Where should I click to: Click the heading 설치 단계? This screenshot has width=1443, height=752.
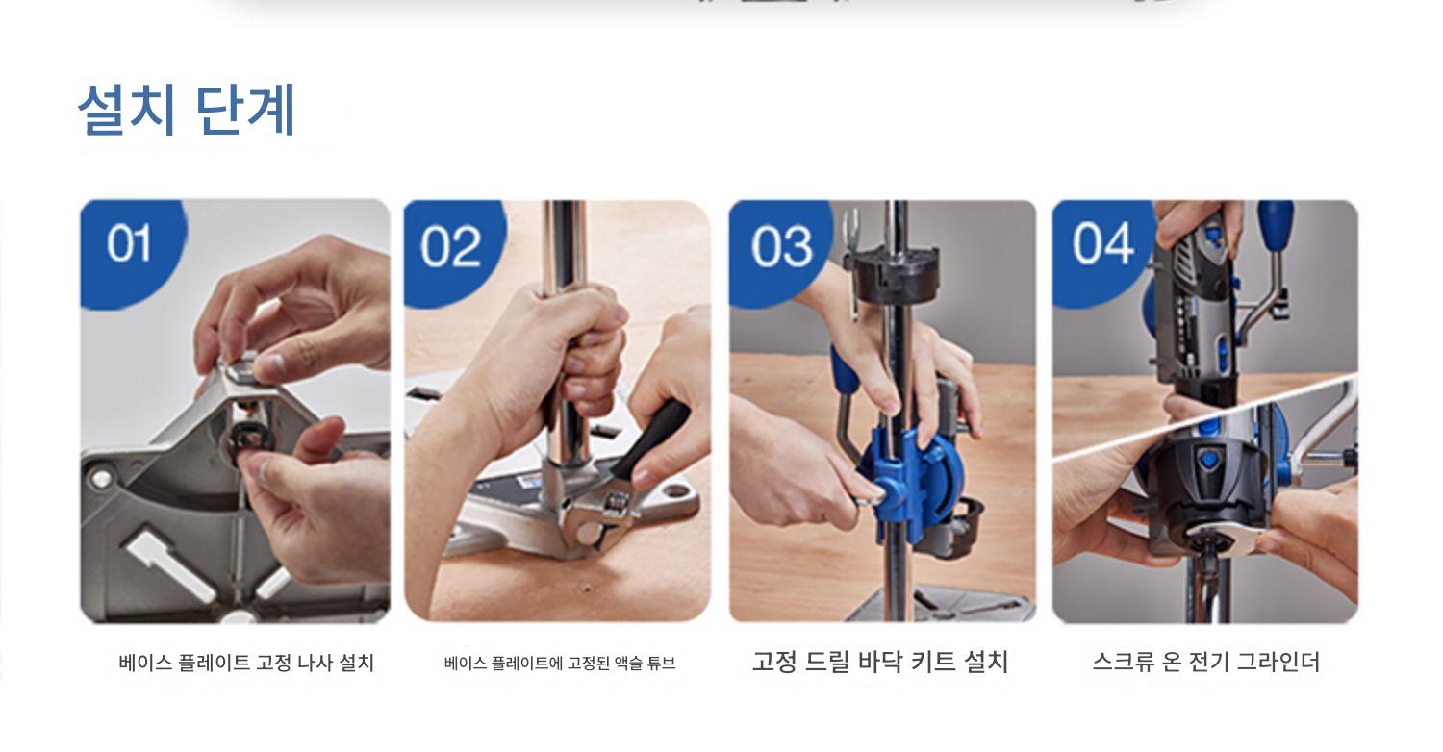tap(187, 110)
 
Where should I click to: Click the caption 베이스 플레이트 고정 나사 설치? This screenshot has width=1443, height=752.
tap(246, 663)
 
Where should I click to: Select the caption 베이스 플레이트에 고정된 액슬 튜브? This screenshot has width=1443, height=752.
tap(560, 664)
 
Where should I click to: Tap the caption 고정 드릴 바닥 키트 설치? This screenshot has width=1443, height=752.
tap(880, 662)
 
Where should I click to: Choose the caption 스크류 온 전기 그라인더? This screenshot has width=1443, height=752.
tap(1206, 662)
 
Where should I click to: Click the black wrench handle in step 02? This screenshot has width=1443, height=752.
tap(650, 438)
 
